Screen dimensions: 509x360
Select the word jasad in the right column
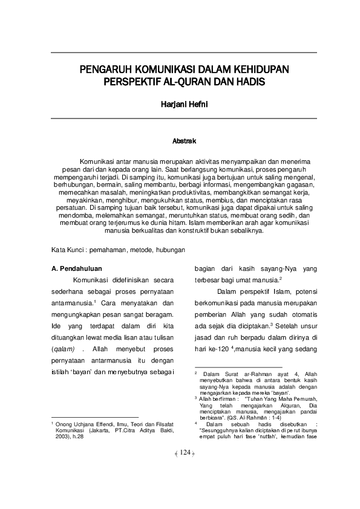pos(205,335)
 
